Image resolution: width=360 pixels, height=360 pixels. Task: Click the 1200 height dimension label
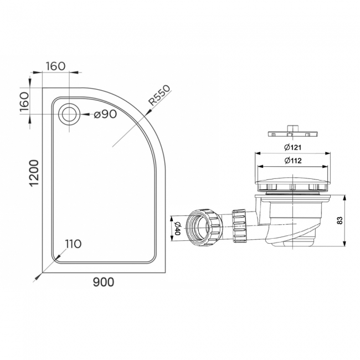(33, 173)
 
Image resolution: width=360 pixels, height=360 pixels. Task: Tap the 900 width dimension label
(103, 282)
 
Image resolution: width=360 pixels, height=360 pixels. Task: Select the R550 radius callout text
(158, 96)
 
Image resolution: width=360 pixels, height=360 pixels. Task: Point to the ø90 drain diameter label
(105, 115)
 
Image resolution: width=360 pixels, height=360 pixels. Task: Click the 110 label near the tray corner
(73, 244)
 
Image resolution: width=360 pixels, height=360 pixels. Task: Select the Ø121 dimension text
(294, 147)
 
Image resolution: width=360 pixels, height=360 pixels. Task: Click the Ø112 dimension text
(294, 161)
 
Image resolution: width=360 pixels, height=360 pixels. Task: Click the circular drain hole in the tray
(69, 114)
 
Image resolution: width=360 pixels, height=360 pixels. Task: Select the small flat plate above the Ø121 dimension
(292, 134)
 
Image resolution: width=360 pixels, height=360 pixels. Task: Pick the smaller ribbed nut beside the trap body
(240, 226)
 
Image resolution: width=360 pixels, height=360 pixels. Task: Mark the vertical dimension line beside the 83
(345, 220)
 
